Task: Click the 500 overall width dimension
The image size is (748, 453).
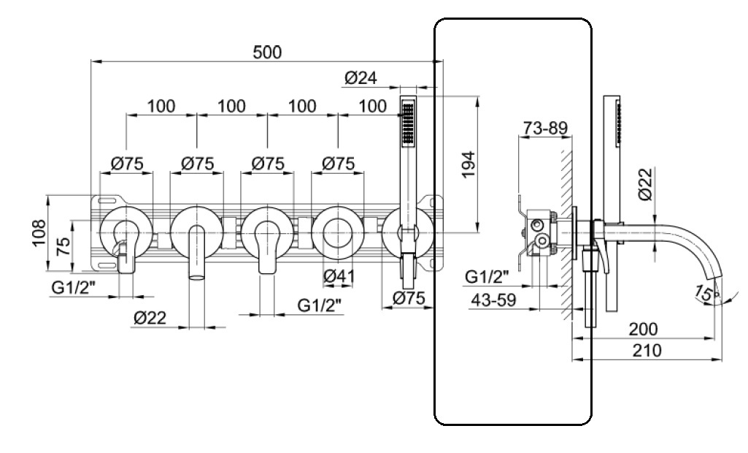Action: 267,52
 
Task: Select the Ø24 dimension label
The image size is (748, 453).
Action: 360,77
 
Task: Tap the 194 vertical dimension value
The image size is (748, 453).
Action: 469,164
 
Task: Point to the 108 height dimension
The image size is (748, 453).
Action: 39,232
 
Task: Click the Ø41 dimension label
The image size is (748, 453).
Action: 339,275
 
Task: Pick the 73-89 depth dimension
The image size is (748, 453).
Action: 545,128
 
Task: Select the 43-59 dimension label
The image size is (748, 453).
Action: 493,300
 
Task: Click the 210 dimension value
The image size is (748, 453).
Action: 647,350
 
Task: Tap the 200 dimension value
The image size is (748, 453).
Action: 643,329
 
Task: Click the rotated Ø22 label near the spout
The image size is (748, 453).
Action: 644,184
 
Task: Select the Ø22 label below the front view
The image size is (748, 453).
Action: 150,318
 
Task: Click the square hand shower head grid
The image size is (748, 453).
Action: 408,122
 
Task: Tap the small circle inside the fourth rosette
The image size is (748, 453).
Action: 338,233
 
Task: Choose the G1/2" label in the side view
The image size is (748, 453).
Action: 487,276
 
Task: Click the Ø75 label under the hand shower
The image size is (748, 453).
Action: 409,298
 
